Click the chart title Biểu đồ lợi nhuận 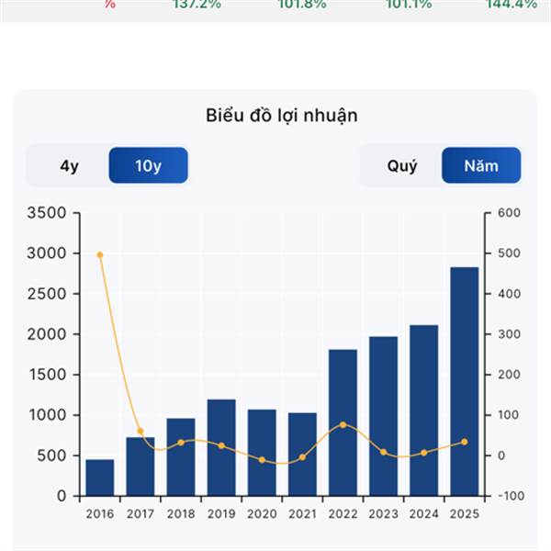point(281,116)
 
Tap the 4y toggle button point(69,166)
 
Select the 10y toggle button point(148,166)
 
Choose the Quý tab point(401,166)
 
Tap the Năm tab point(481,166)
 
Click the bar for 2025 point(464,381)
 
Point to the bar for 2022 point(343,422)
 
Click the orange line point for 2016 point(100,254)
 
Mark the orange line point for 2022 point(343,424)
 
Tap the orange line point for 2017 point(141,431)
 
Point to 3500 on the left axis point(49,213)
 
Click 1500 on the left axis point(49,375)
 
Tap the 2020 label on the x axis point(262,513)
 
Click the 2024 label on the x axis point(423,513)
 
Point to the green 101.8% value point(301,4)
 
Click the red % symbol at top point(110,4)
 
